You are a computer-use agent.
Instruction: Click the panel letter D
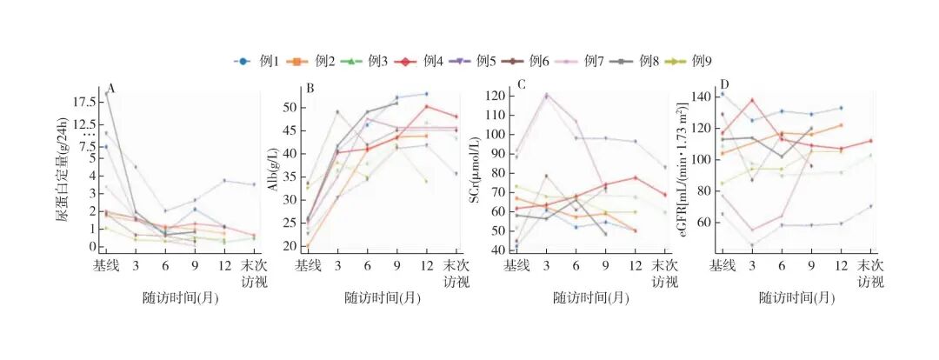point(725,85)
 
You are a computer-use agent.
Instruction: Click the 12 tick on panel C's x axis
point(635,265)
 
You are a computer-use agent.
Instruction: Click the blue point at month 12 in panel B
point(426,94)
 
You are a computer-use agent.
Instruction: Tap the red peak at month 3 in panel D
point(751,100)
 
